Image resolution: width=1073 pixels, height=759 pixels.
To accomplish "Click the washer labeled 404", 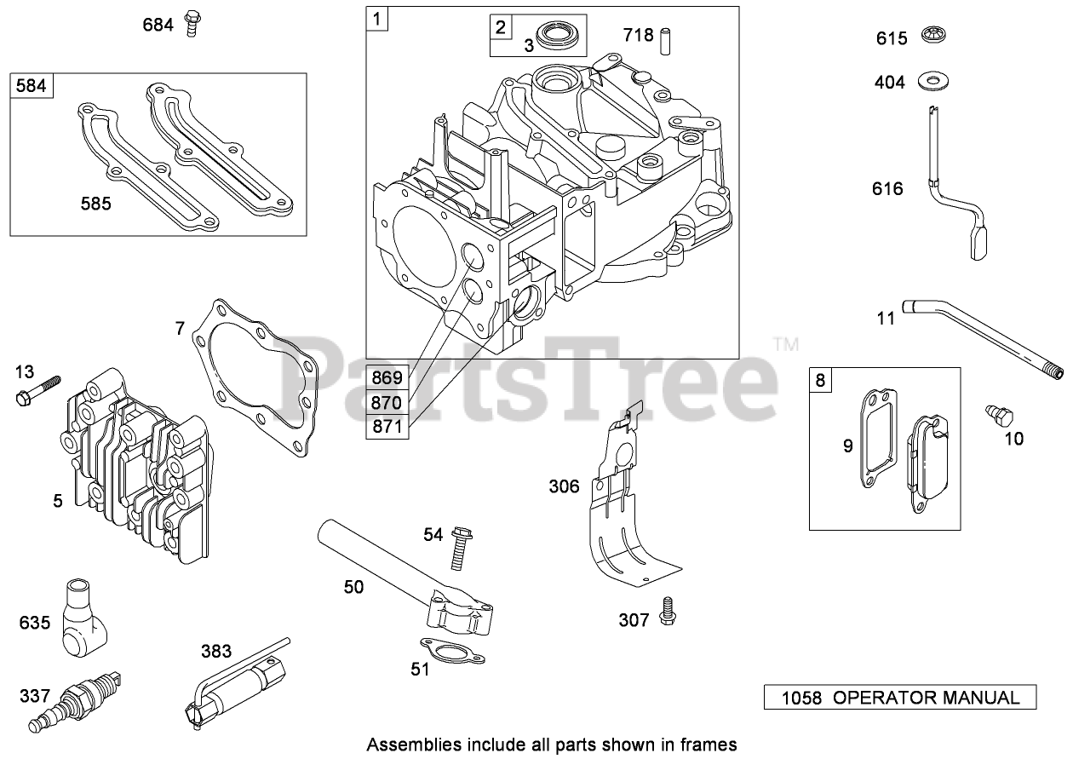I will pos(934,82).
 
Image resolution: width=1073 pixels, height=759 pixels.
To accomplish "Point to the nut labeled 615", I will pos(934,37).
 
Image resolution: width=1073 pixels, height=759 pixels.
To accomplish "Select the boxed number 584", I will pos(32,86).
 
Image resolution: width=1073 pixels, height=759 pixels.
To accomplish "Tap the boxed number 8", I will pos(820,380).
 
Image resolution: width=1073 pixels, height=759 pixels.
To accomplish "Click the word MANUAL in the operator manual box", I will pos(978,699).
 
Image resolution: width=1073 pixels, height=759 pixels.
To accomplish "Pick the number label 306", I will pos(563,486).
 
